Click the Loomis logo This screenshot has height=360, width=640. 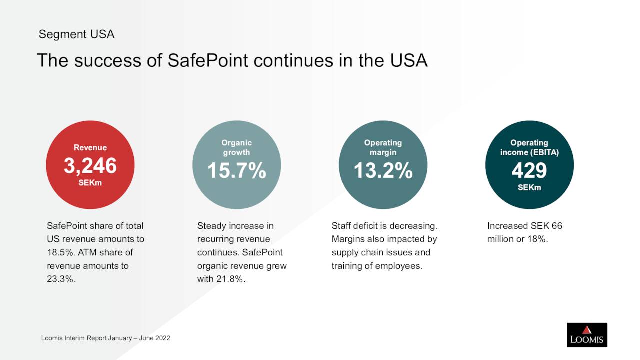[587, 335]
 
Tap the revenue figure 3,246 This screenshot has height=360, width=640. [90, 166]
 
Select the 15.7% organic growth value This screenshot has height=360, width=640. [236, 171]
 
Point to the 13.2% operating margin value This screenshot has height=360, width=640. [383, 171]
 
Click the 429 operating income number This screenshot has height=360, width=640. [529, 171]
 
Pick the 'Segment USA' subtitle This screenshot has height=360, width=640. [76, 34]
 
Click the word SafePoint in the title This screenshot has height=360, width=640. [208, 61]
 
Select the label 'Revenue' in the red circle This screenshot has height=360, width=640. [90, 147]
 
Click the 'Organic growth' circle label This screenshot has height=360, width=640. [236, 147]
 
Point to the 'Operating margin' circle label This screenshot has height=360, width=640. [383, 147]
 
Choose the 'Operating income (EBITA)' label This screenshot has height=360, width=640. [529, 147]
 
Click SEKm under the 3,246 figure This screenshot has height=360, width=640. [90, 183]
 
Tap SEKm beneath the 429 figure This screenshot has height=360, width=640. [529, 188]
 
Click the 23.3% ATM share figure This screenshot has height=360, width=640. [60, 279]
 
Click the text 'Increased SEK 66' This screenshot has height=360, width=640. [524, 226]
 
